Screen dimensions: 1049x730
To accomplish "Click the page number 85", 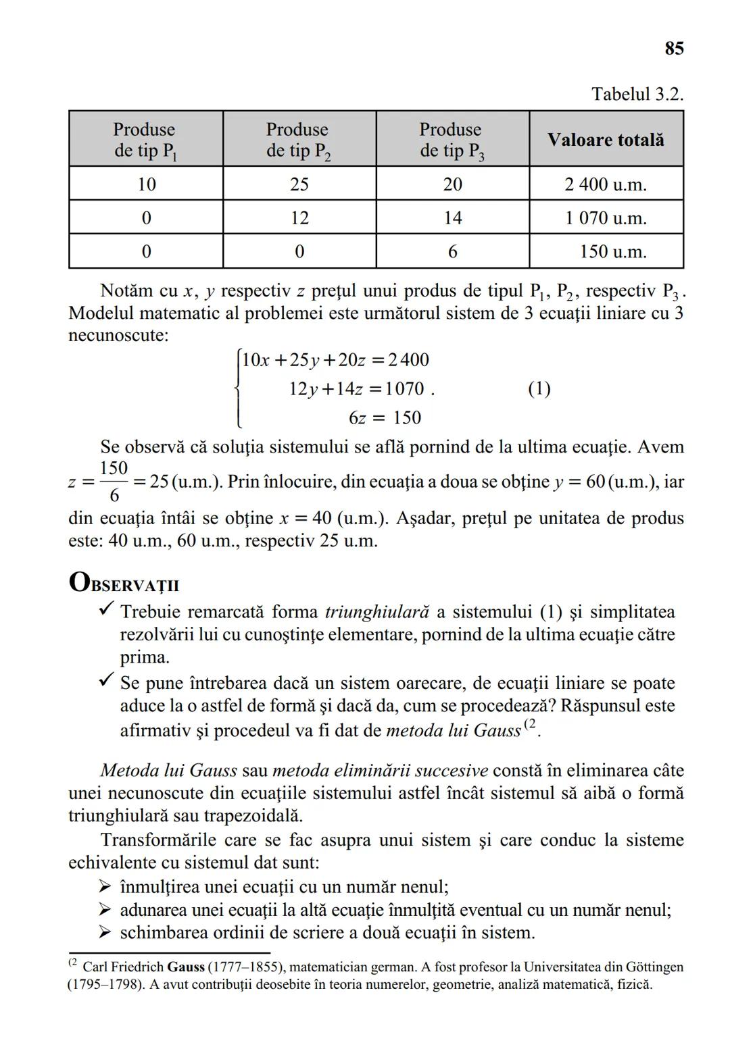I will coord(673,49).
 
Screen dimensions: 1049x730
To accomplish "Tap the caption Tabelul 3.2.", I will coord(637,94).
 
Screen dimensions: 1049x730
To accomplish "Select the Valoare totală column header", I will coord(606,140).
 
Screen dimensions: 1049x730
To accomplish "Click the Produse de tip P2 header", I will coord(298,140).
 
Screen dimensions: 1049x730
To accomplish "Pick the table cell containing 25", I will coord(299,184).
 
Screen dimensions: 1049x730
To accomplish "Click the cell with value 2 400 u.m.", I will coord(606,184).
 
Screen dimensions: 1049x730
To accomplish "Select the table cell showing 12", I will coord(299,218).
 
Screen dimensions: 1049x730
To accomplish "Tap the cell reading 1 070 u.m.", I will coord(606,218).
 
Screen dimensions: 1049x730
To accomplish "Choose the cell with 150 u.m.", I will coord(612,252).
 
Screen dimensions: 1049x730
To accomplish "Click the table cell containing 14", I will coord(452,218).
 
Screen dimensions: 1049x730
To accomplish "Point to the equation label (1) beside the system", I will coord(538,389).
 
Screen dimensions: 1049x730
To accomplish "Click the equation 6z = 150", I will coord(385,418).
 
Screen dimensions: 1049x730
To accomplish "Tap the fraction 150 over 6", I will coord(114,482).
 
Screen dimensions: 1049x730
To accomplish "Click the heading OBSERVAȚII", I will coord(124,583).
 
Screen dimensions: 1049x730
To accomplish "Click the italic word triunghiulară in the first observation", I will coord(376,612).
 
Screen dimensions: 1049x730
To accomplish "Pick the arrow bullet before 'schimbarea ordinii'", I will coord(104,933).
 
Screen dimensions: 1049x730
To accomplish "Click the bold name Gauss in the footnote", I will coord(186,967).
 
